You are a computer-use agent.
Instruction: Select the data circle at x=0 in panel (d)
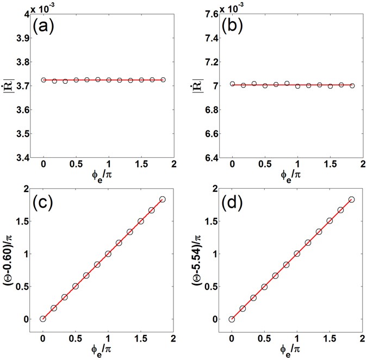[x=232, y=319]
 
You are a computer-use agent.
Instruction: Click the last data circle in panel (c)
[x=163, y=199]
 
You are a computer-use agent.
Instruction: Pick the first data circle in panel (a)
[x=43, y=80]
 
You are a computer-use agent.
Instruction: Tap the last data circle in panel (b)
[x=352, y=85]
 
